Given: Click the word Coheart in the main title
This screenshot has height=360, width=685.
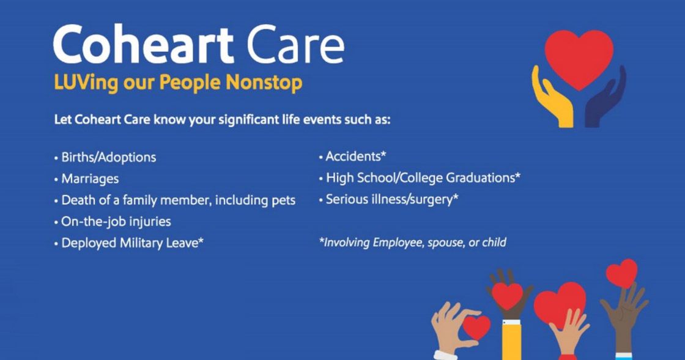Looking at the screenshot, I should coord(144,45).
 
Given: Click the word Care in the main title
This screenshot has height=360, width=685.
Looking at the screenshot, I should coord(295,45).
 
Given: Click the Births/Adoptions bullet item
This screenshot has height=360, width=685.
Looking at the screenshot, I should coord(108,158).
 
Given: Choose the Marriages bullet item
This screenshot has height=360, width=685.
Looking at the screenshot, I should coord(90,179).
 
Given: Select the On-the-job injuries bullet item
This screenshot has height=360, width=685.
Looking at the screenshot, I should coord(116,221).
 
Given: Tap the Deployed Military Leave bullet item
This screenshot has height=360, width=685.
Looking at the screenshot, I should coord(132,243).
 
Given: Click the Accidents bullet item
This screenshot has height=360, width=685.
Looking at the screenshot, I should coord(355,156).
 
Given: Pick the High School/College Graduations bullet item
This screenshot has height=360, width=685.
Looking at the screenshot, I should coord(423,178).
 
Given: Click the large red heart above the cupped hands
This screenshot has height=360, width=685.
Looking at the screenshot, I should coord(579,58).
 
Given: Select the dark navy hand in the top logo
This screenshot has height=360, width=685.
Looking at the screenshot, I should coord(605,101).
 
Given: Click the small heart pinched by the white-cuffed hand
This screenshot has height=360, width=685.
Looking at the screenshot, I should coord(476,327).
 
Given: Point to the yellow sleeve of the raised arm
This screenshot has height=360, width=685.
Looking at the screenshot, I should coord(511,342).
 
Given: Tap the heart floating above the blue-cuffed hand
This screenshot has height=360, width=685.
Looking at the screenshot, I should coord(621,273).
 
